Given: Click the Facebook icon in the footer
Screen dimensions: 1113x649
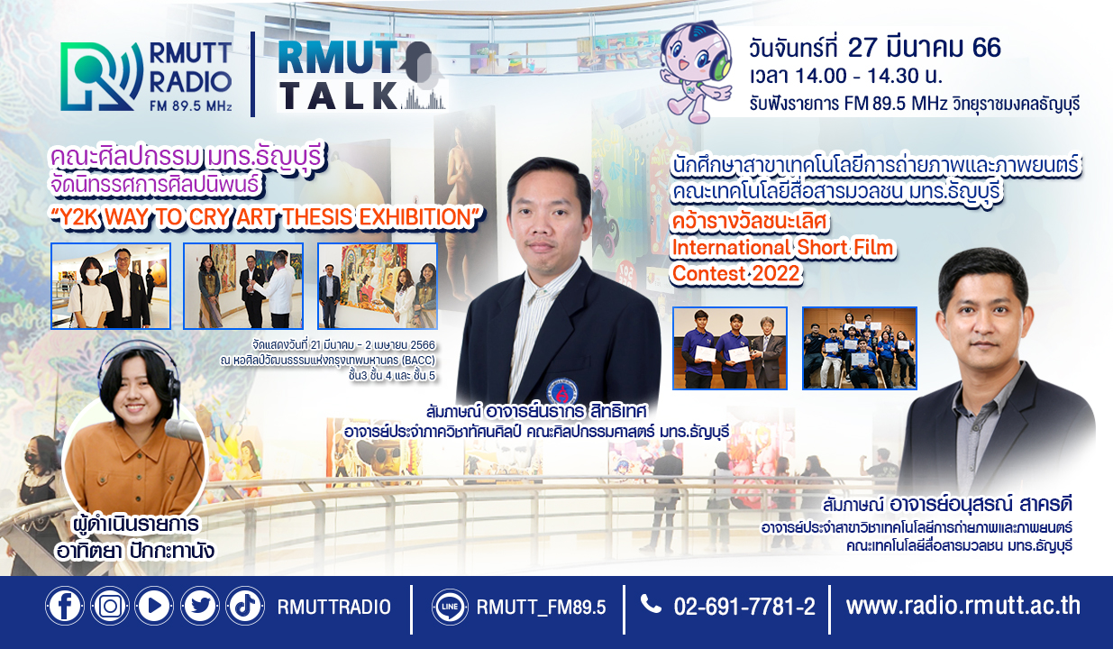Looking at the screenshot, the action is coord(65,606).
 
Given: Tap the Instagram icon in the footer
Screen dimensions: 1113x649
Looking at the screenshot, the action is coord(110,606).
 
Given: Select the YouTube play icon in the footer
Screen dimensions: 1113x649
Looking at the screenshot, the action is coord(154,606).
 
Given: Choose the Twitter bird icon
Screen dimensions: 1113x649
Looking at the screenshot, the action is coord(200,606).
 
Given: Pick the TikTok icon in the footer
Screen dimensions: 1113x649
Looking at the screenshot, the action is coord(245,606).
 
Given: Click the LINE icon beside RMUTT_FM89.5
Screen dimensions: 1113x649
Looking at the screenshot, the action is coord(450,607).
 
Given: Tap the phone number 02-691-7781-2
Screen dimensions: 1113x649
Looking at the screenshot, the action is coord(744,607).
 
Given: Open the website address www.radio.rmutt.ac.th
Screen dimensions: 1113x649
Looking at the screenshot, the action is coord(962,606).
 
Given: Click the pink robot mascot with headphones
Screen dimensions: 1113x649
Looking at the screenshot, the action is coord(696,72).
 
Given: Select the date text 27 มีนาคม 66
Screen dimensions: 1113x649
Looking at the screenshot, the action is coord(924,48).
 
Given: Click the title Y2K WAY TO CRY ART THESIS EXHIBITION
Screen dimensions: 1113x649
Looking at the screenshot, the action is coord(269,217).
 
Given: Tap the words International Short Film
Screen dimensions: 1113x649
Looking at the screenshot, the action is coord(782,248).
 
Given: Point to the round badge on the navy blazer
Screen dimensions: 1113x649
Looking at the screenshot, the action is coord(562,391).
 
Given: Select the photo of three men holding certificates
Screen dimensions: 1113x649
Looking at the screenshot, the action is coord(730,348).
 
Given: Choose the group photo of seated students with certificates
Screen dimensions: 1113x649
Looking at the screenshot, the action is coord(860,348).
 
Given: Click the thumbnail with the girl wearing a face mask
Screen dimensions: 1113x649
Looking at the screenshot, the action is coord(111,286).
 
